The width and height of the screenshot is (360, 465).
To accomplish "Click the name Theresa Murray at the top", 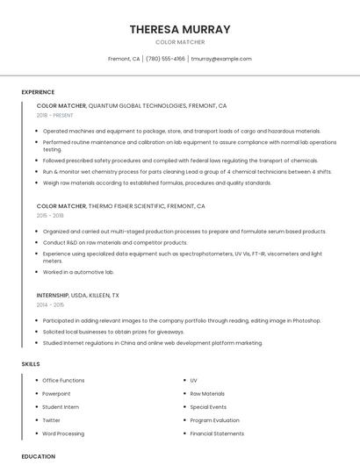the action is click(x=180, y=29).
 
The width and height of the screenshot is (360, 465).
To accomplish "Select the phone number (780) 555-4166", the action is click(x=165, y=59).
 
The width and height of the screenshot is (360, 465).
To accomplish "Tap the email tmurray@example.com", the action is click(x=221, y=59).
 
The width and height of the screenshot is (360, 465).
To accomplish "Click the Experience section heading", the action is click(x=38, y=92).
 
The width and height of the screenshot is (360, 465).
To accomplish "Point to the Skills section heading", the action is click(x=31, y=363).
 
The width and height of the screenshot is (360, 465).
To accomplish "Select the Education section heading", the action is click(x=38, y=456).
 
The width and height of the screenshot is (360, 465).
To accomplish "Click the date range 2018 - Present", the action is click(x=56, y=115).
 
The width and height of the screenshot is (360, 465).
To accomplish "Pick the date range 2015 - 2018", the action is click(x=50, y=215).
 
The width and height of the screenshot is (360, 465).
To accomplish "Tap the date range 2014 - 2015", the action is click(x=50, y=304).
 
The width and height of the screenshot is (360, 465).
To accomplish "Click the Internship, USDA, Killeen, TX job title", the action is click(x=77, y=295).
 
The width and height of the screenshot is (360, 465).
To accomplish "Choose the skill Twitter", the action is click(x=52, y=420).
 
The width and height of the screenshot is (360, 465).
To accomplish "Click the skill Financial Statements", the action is click(x=217, y=433).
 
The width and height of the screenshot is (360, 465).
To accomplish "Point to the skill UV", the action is click(x=193, y=381).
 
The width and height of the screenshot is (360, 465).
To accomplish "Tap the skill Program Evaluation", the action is click(x=214, y=420).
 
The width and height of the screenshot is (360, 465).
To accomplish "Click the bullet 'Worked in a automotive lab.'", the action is click(x=78, y=273).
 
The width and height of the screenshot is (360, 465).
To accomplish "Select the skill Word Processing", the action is click(x=63, y=433).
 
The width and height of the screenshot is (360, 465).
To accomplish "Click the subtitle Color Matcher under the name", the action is click(x=180, y=42).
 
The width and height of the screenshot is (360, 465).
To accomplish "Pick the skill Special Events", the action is click(x=208, y=407).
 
